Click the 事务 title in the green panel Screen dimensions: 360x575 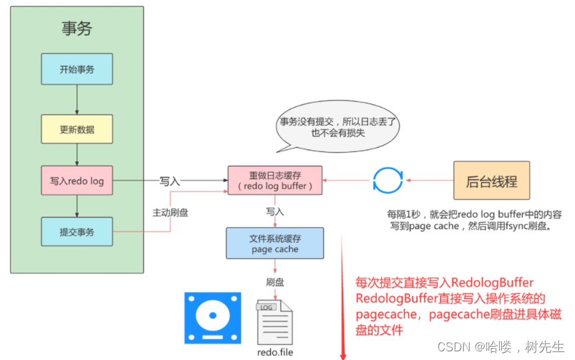tap(77, 28)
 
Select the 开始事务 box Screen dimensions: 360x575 tap(77, 69)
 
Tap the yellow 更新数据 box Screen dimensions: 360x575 tap(77, 128)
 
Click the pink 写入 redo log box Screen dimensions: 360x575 tap(77, 180)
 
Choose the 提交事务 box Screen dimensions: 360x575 tap(77, 232)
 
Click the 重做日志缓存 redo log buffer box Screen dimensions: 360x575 tap(275, 180)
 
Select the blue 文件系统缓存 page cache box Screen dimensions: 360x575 tap(275, 243)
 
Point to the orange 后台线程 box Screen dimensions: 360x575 tap(492, 180)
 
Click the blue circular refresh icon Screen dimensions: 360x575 tap(387, 180)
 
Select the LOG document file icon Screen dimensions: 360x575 tap(274, 321)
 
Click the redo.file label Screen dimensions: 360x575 tap(275, 352)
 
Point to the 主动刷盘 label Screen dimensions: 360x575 tap(170, 212)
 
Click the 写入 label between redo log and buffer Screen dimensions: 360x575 tap(170, 180)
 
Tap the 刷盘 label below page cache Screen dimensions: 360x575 tap(275, 282)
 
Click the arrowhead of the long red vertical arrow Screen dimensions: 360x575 tap(343, 355)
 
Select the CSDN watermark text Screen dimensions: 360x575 tap(500, 347)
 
